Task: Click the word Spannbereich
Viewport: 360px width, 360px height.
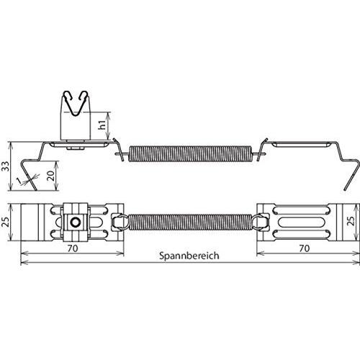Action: pyautogui.click(x=189, y=256)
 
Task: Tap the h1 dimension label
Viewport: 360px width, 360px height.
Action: pyautogui.click(x=102, y=125)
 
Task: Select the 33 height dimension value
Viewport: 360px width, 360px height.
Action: pyautogui.click(x=5, y=166)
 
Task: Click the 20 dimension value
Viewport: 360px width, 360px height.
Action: pyautogui.click(x=50, y=176)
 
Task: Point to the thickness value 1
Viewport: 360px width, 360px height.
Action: pyautogui.click(x=18, y=180)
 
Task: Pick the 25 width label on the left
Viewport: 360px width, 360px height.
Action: pyautogui.click(x=5, y=222)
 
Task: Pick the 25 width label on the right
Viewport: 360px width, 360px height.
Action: pyautogui.click(x=351, y=221)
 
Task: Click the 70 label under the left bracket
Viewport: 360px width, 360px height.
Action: pyautogui.click(x=73, y=248)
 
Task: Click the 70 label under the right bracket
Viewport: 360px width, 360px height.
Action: pyautogui.click(x=305, y=248)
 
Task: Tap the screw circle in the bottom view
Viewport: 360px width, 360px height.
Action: pyautogui.click(x=76, y=222)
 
